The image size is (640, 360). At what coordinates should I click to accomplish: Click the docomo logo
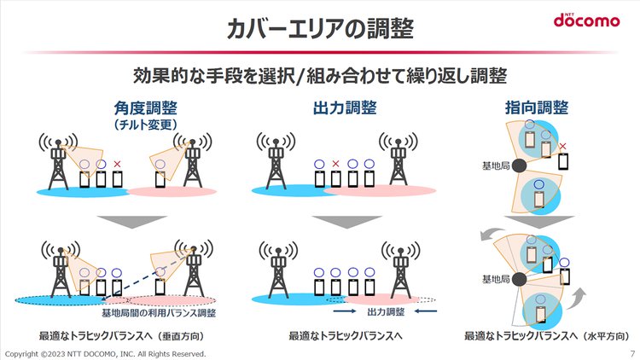point(586,20)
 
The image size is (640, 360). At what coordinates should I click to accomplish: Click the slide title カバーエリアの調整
point(320,28)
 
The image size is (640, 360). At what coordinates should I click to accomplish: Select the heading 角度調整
point(146,108)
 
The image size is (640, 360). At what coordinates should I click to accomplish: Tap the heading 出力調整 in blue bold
point(345,108)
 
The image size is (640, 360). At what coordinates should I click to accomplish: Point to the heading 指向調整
point(537,107)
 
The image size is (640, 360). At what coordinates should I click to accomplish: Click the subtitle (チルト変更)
point(146,124)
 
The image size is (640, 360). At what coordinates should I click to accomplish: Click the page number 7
point(632,353)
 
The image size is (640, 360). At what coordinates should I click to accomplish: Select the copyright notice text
point(105,354)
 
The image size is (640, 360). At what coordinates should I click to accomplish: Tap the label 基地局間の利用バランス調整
point(159,313)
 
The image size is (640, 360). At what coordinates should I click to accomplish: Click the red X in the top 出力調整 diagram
point(335,164)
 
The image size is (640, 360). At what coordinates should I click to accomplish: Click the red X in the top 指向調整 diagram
point(563,146)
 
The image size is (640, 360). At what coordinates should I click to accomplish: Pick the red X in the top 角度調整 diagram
point(117,164)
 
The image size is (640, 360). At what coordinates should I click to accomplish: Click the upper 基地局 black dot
point(519,165)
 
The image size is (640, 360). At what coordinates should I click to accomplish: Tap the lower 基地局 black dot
point(519,279)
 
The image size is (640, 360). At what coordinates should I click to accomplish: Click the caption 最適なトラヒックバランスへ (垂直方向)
point(122,336)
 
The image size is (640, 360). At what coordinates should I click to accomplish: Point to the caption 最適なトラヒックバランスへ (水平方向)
point(547,336)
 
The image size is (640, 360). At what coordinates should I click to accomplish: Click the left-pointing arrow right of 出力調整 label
point(426,311)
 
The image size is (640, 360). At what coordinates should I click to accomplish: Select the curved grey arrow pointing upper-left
point(490,234)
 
